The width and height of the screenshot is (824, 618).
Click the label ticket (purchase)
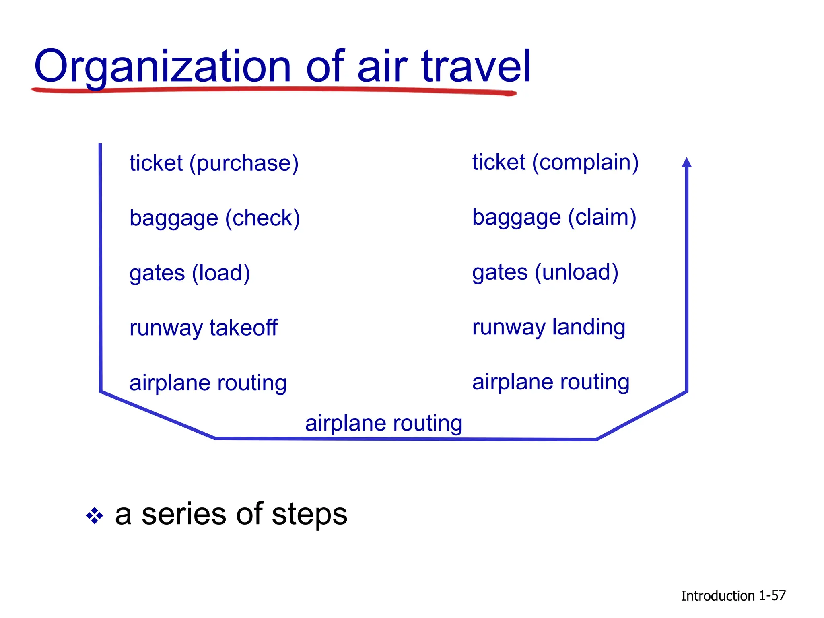coord(214,163)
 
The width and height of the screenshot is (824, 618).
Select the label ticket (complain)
coord(555,163)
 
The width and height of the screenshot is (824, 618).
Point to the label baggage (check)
coord(214,218)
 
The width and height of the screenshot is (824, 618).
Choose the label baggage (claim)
coord(554,218)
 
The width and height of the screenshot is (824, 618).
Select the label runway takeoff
coord(203,328)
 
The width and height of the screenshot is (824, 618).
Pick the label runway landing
coord(548,327)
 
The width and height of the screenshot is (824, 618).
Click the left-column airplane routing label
coord(208,383)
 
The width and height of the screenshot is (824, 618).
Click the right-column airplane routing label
coord(550,382)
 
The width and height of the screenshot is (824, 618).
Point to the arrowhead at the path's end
coord(687,163)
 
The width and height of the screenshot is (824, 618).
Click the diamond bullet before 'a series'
coord(95,516)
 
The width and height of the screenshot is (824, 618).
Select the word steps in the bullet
coord(309,515)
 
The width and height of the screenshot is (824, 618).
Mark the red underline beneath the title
coord(274,90)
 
